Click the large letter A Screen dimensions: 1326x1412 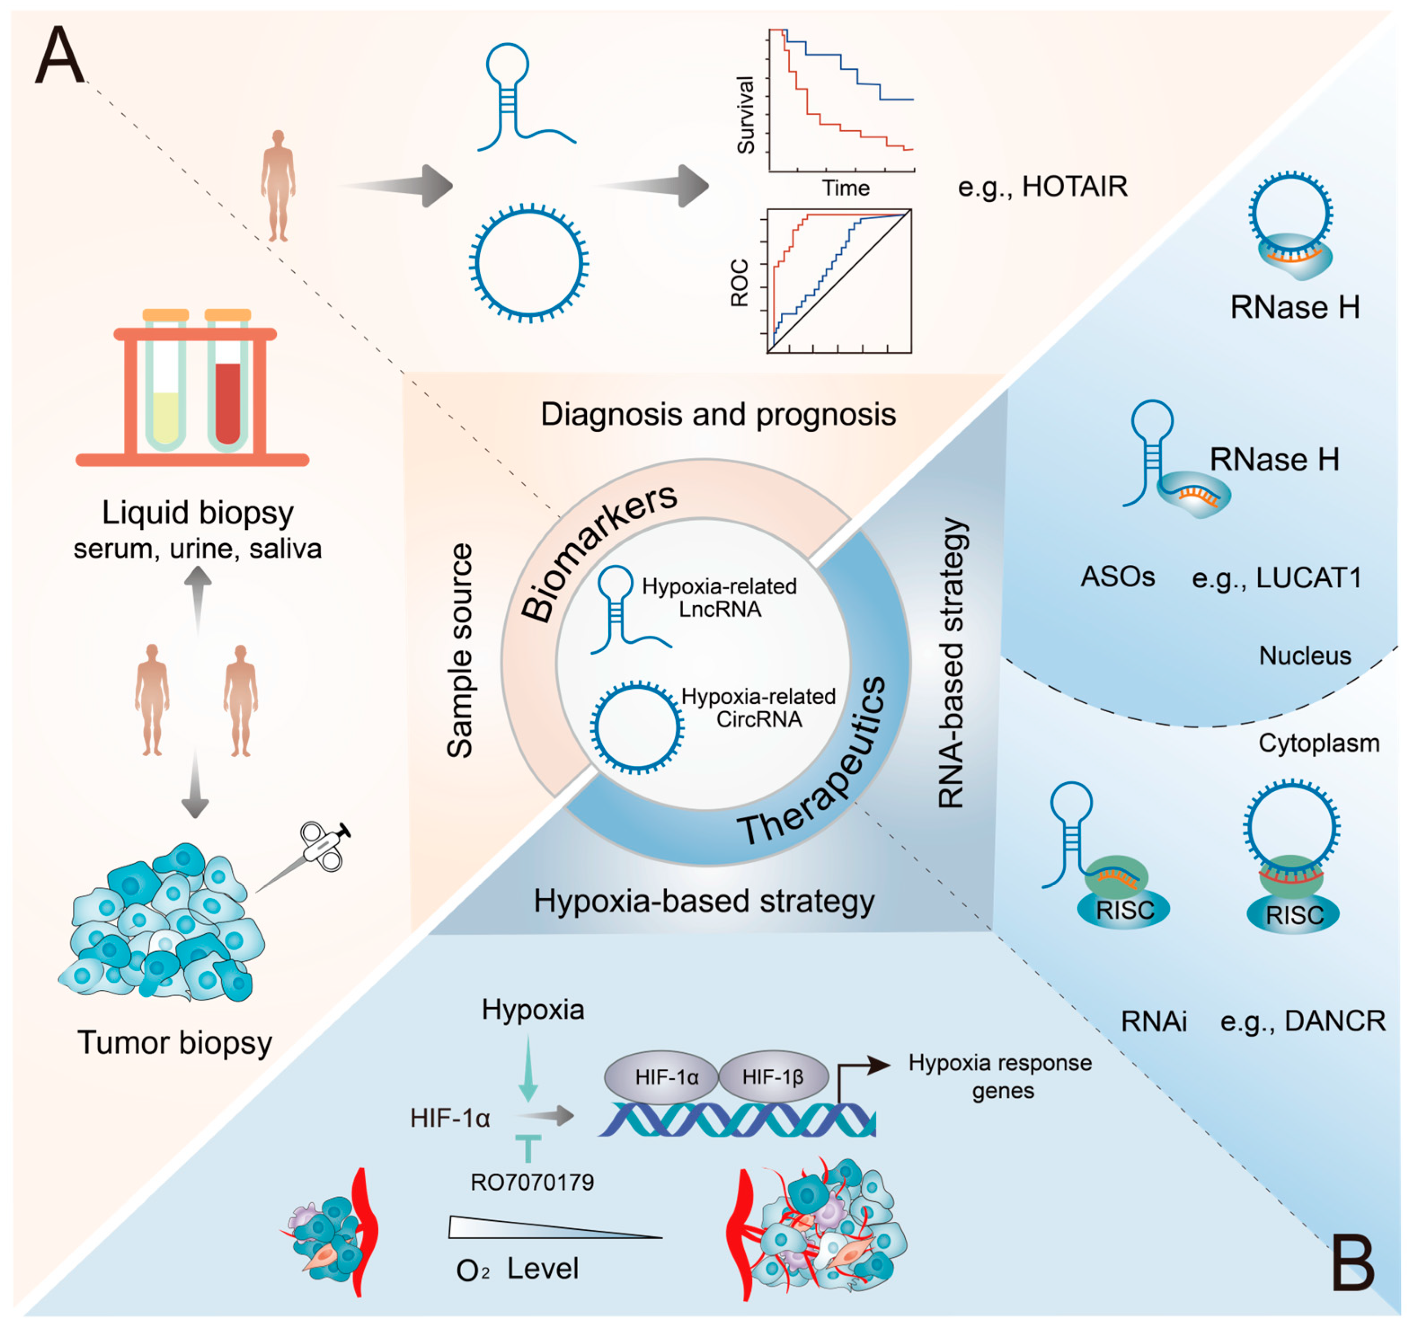(x=60, y=55)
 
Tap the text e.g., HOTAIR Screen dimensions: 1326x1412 (x=1042, y=187)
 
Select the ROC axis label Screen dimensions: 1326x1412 (x=739, y=282)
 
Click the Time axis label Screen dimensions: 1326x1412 (x=845, y=188)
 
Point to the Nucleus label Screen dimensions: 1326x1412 (x=1305, y=656)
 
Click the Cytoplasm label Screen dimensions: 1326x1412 (x=1318, y=743)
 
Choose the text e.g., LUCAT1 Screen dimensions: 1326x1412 (x=1276, y=577)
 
